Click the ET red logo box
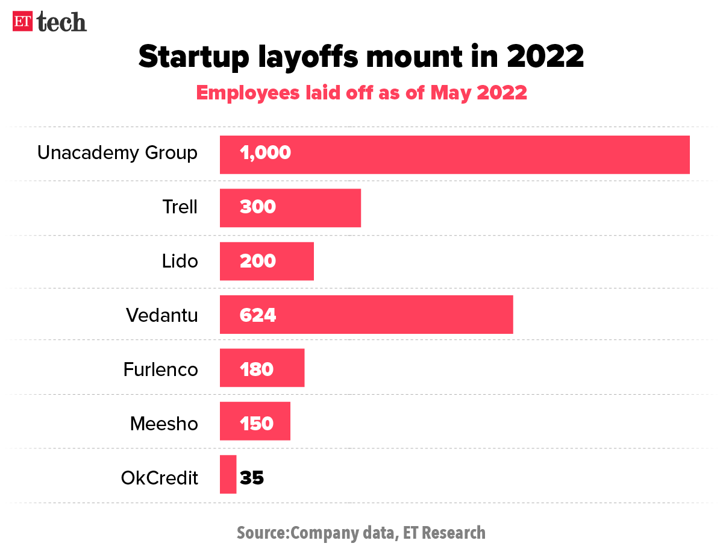point(23,22)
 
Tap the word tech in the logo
point(62,22)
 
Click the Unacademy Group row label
point(117,153)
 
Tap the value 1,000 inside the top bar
point(265,153)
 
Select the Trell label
point(180,207)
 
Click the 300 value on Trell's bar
point(258,207)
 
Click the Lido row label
point(180,261)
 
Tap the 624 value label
point(258,315)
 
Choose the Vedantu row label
point(161,315)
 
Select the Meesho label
point(164,423)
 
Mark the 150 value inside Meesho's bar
point(257,423)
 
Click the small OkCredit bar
point(228,474)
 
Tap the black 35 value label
point(252,478)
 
